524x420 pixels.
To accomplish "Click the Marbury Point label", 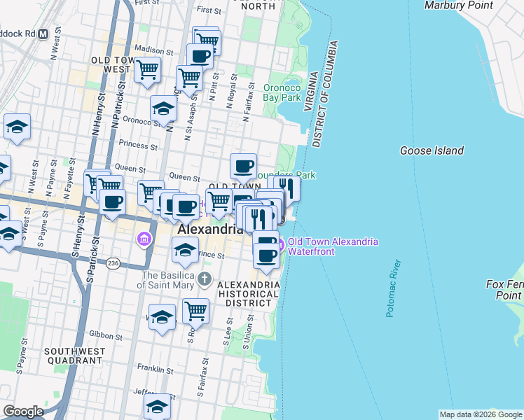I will coord(459,6).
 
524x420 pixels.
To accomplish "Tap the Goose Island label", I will coord(432,150).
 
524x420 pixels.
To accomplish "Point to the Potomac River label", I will coord(394,288).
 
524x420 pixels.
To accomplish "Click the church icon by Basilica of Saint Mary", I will coord(204,280).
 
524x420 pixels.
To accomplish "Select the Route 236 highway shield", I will coord(113,263).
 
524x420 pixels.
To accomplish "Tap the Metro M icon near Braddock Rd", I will coord(43,33).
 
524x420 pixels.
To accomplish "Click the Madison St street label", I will coord(153,51).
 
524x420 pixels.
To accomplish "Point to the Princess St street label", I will coord(138,146).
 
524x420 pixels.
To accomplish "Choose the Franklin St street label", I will coord(155,369).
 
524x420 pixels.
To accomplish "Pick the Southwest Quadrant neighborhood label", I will coord(74,356).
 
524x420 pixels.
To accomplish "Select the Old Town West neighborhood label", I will coord(111,65).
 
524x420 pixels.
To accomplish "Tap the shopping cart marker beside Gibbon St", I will coord(196,310).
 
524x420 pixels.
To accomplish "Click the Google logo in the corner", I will coord(23,411).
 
